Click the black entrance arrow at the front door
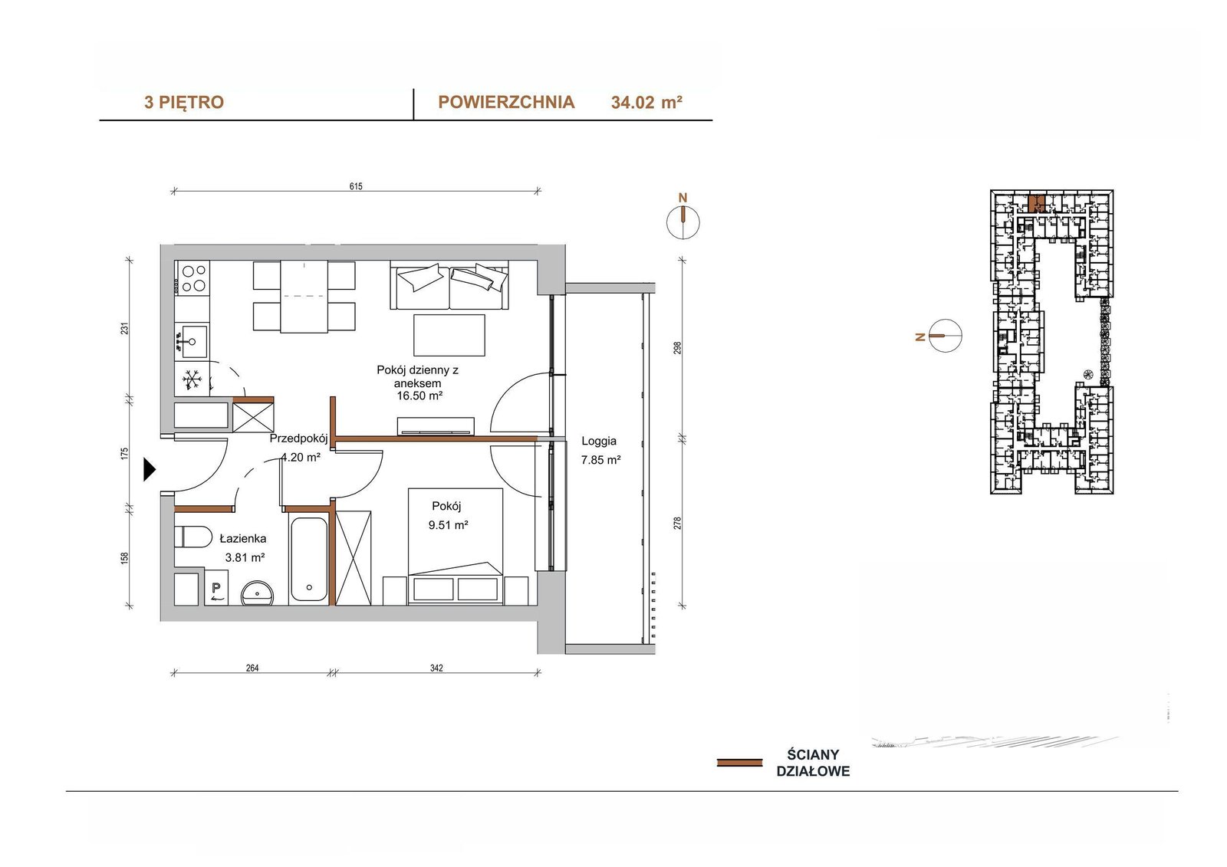pyautogui.click(x=149, y=469)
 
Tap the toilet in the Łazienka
pyautogui.click(x=192, y=537)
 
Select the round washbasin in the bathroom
pyautogui.click(x=258, y=593)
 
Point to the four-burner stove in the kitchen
pyautogui.click(x=192, y=278)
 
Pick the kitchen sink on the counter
pyautogui.click(x=192, y=341)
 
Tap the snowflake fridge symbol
pyautogui.click(x=192, y=379)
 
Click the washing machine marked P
pyautogui.click(x=216, y=586)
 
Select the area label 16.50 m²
pyautogui.click(x=419, y=396)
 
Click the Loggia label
pyautogui.click(x=599, y=441)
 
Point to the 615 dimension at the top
pyautogui.click(x=356, y=186)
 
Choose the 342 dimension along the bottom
pyautogui.click(x=436, y=668)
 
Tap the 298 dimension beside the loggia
pyautogui.click(x=678, y=348)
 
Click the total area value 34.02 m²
pyautogui.click(x=646, y=103)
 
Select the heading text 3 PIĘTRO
pyautogui.click(x=184, y=103)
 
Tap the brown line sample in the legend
pyautogui.click(x=739, y=763)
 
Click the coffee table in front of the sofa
pyautogui.click(x=449, y=335)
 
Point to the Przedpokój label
pyautogui.click(x=298, y=438)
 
